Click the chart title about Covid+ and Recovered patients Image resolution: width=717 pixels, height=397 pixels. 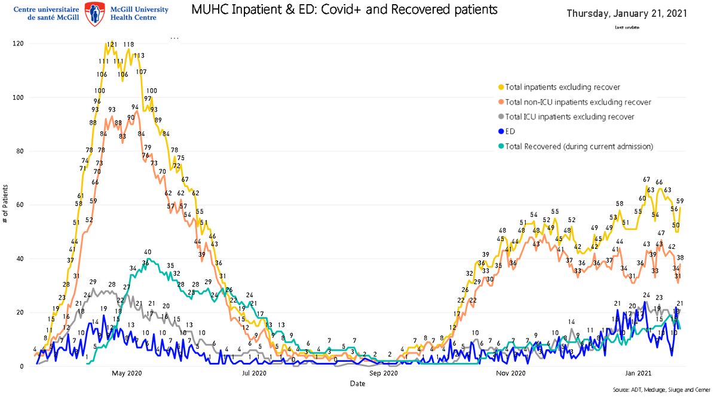click(344, 10)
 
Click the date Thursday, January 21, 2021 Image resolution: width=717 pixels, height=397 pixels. click(626, 13)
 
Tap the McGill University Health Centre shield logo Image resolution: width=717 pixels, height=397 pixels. click(93, 13)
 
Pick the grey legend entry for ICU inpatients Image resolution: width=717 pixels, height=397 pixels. click(569, 117)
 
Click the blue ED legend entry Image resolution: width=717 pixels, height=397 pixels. click(510, 131)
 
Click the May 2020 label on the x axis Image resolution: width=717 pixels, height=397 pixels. click(126, 374)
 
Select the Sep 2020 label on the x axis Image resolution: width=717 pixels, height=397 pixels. click(383, 374)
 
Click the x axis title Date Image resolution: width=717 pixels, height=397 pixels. click(358, 383)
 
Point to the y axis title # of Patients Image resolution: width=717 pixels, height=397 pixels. click(5, 205)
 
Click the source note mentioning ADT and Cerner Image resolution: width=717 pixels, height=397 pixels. click(661, 389)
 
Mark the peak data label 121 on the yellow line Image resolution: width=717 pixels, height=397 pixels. click(112, 45)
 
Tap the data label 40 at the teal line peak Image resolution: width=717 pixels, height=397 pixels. click(147, 253)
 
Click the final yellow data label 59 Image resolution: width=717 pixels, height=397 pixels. click(680, 201)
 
